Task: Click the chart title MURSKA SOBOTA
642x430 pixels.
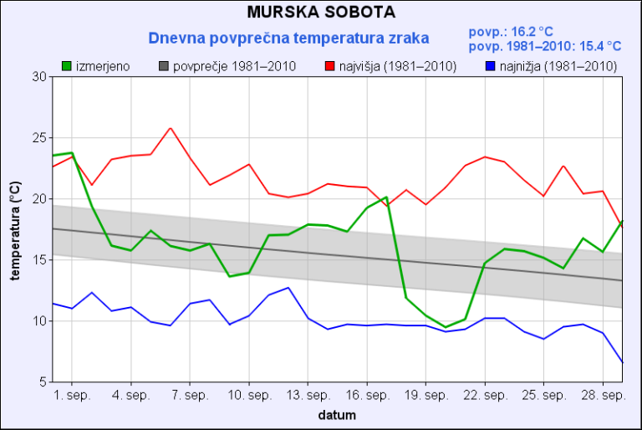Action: [x=321, y=13]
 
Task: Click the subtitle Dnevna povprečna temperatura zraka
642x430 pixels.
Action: [x=288, y=38]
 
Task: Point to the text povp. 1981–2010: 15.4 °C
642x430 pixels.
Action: [x=545, y=46]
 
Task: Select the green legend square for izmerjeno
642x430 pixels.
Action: [x=68, y=65]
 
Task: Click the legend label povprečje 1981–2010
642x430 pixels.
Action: [x=234, y=65]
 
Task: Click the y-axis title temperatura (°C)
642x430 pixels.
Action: [x=14, y=230]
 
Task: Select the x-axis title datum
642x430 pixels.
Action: [x=337, y=414]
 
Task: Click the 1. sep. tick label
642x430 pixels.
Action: [x=72, y=395]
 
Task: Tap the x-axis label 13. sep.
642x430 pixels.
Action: [x=308, y=395]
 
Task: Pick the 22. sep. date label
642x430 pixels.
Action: [x=485, y=395]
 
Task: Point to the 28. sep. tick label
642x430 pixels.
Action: [x=603, y=395]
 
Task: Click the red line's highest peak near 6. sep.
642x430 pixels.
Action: [x=171, y=128]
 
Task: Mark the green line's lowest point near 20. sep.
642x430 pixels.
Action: [x=446, y=327]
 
